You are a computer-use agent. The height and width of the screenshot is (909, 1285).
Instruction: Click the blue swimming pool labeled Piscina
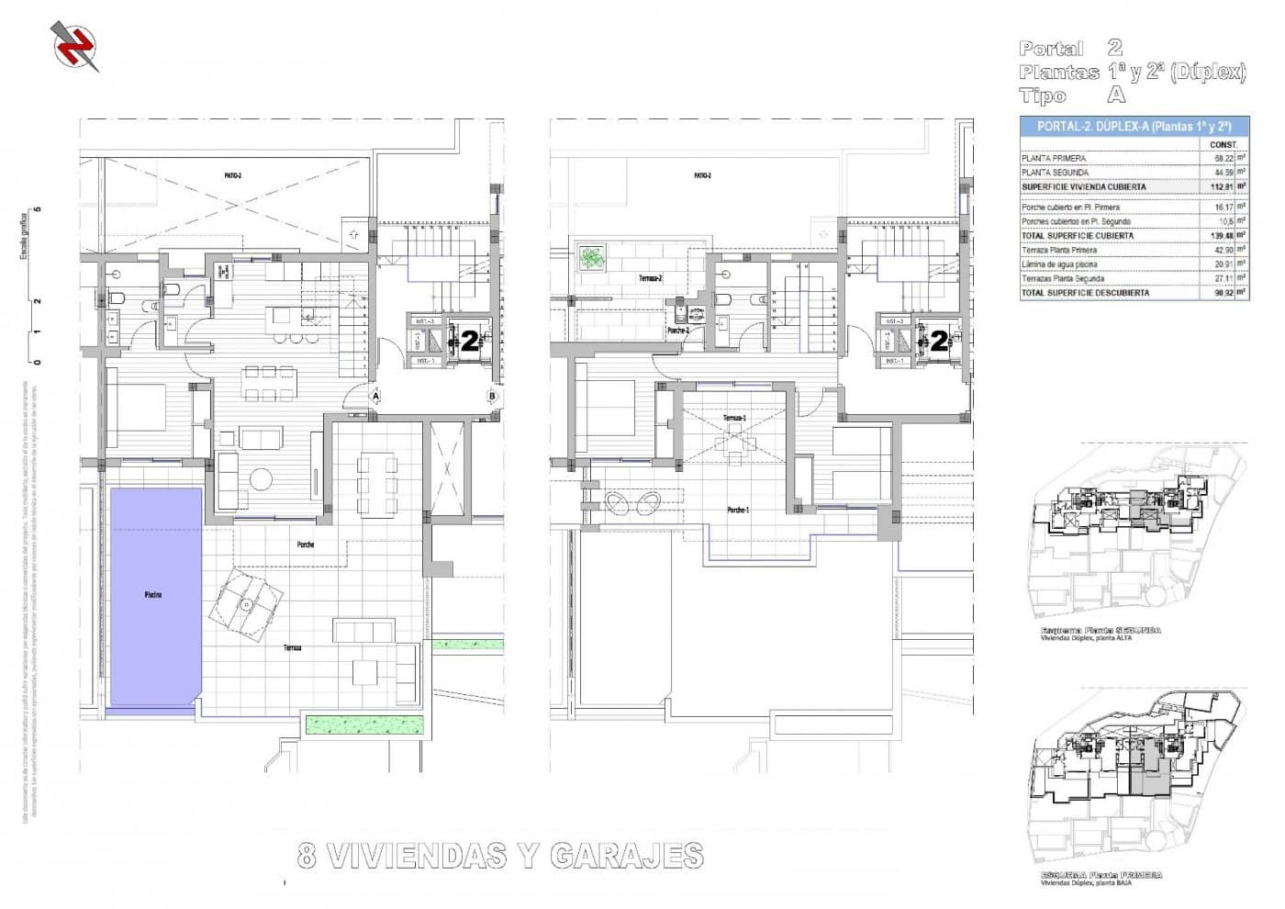[155, 596]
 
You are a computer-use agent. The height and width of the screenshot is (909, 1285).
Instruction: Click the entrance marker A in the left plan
[374, 396]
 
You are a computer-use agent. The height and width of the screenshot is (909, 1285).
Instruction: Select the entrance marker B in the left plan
[493, 396]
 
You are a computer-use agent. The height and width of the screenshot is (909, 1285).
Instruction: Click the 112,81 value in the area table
[1219, 186]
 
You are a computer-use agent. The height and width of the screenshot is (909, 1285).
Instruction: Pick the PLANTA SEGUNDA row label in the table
[1055, 173]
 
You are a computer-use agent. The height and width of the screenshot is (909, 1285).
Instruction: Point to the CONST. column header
[1223, 144]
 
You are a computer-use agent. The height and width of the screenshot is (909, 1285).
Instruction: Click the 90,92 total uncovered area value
[1219, 293]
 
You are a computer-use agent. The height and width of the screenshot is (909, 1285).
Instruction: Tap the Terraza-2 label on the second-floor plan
[650, 277]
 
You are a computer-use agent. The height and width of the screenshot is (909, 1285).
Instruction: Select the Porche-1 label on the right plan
[737, 510]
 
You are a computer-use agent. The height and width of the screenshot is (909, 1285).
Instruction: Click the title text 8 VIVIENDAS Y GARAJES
[500, 856]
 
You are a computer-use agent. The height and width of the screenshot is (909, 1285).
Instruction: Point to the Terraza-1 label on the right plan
[733, 418]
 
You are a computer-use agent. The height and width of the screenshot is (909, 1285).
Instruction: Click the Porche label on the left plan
[306, 544]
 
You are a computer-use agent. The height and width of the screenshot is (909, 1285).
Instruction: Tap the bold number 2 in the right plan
[939, 342]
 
